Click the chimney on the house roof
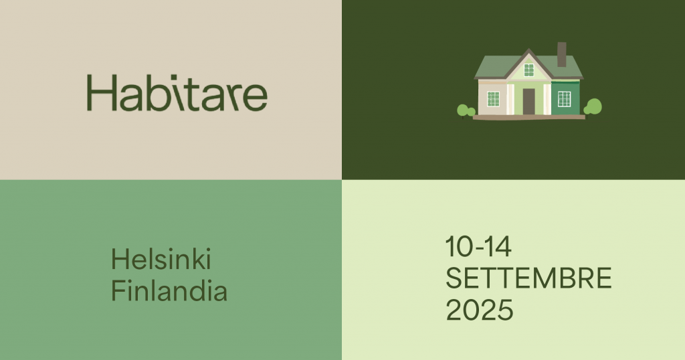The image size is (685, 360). point(562,55)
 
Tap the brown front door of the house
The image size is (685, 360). point(528,101)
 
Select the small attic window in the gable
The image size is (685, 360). point(529,70)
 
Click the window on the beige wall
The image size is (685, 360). point(493,99)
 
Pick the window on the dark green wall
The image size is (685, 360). point(565,99)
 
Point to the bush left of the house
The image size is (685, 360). point(466,111)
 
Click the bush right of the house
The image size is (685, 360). point(593,107)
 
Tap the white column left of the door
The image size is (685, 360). point(510,100)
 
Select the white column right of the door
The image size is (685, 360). point(547,100)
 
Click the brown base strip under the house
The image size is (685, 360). point(529,117)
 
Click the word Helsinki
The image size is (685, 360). point(161,259)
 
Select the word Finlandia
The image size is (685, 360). point(169,290)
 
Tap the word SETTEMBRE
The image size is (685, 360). point(528,278)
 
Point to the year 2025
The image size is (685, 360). point(480,310)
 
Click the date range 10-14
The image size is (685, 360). point(478,246)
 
